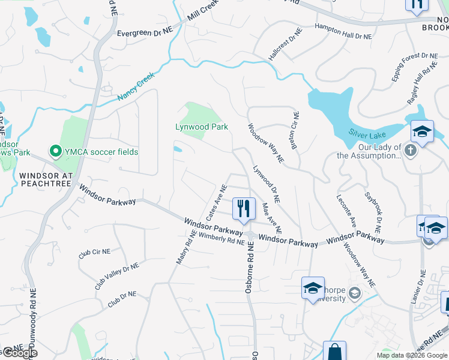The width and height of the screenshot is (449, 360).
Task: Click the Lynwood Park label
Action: point(201,127)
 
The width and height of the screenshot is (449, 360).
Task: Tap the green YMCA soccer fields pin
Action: point(56,152)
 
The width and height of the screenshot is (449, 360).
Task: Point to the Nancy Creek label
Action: point(136,86)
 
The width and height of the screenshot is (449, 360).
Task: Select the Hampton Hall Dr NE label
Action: point(344,32)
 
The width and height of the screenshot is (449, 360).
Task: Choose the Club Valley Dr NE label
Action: point(116,276)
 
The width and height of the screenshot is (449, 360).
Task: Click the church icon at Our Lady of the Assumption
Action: point(411,149)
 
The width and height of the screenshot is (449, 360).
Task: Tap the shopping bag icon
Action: point(334,351)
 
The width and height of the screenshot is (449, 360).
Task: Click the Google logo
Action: point(19,353)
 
